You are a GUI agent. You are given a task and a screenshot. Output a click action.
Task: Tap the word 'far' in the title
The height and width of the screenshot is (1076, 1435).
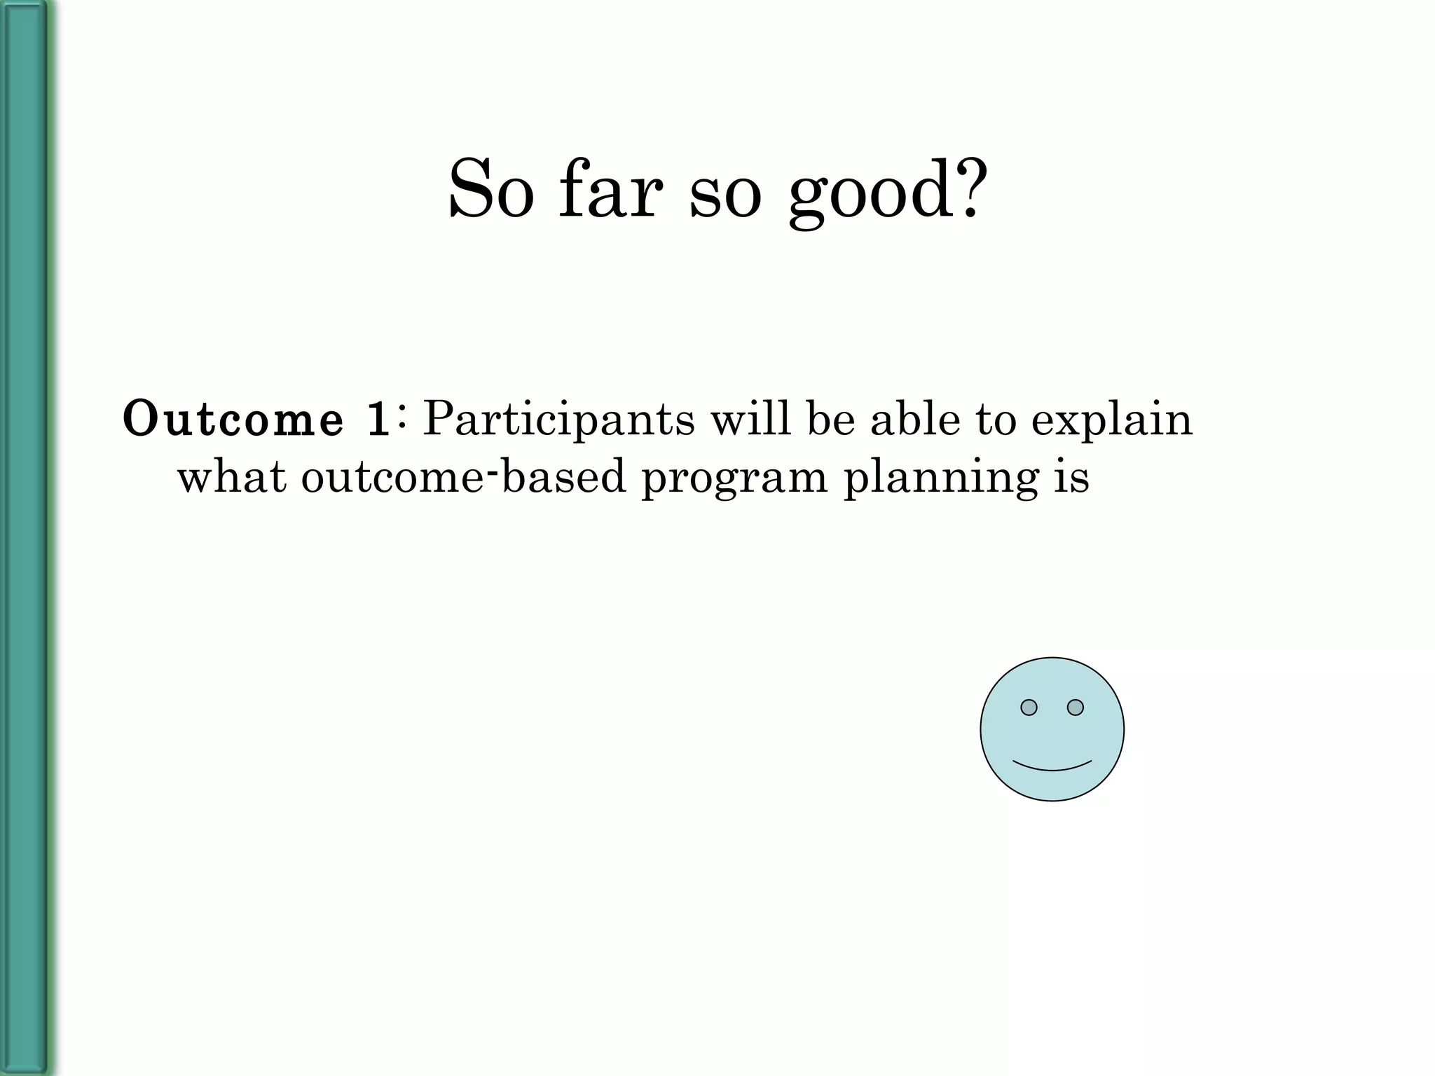coord(610,189)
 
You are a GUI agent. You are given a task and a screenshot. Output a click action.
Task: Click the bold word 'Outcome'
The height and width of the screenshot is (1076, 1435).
coord(233,420)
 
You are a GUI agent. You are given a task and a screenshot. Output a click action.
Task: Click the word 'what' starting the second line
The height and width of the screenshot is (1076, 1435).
coord(232,478)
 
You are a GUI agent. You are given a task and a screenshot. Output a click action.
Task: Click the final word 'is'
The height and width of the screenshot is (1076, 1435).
coord(1071,478)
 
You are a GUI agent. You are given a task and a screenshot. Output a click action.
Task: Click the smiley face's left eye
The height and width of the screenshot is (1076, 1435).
coord(1029,708)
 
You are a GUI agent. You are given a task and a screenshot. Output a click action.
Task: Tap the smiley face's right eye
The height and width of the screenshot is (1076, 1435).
coord(1076,708)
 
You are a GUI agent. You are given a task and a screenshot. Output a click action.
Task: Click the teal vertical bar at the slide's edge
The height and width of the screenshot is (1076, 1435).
coord(25,538)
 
